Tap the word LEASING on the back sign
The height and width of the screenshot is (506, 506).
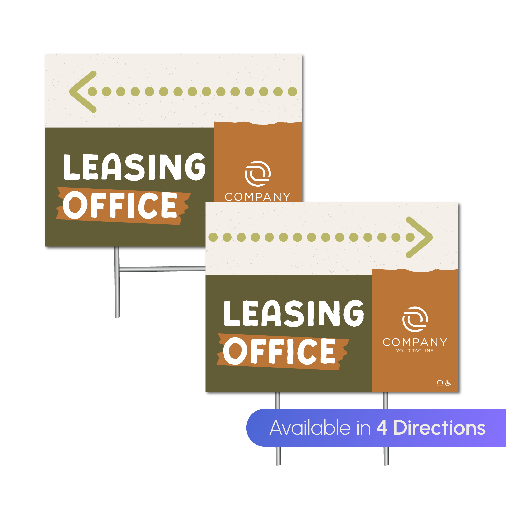tap(134, 167)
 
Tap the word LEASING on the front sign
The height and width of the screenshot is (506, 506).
tap(293, 313)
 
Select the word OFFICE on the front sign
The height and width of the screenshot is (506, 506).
tap(279, 351)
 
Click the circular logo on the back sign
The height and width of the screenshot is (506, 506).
tap(258, 173)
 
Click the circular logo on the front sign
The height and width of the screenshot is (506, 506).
tap(415, 319)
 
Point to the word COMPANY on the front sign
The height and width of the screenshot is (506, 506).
tap(415, 342)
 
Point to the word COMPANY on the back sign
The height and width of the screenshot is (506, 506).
tap(258, 197)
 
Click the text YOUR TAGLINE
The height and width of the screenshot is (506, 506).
tap(415, 351)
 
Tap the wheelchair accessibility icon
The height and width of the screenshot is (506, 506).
tap(448, 383)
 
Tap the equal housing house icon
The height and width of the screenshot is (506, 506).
tap(440, 383)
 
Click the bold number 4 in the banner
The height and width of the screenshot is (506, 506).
tap(382, 428)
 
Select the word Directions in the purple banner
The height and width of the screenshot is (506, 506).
tap(439, 428)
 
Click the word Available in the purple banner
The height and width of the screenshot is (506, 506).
tap(310, 428)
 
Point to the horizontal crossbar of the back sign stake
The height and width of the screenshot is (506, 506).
tap(162, 269)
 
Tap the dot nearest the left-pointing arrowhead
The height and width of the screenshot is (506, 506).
tap(92, 91)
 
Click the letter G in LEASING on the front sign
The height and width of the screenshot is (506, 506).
tap(353, 313)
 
